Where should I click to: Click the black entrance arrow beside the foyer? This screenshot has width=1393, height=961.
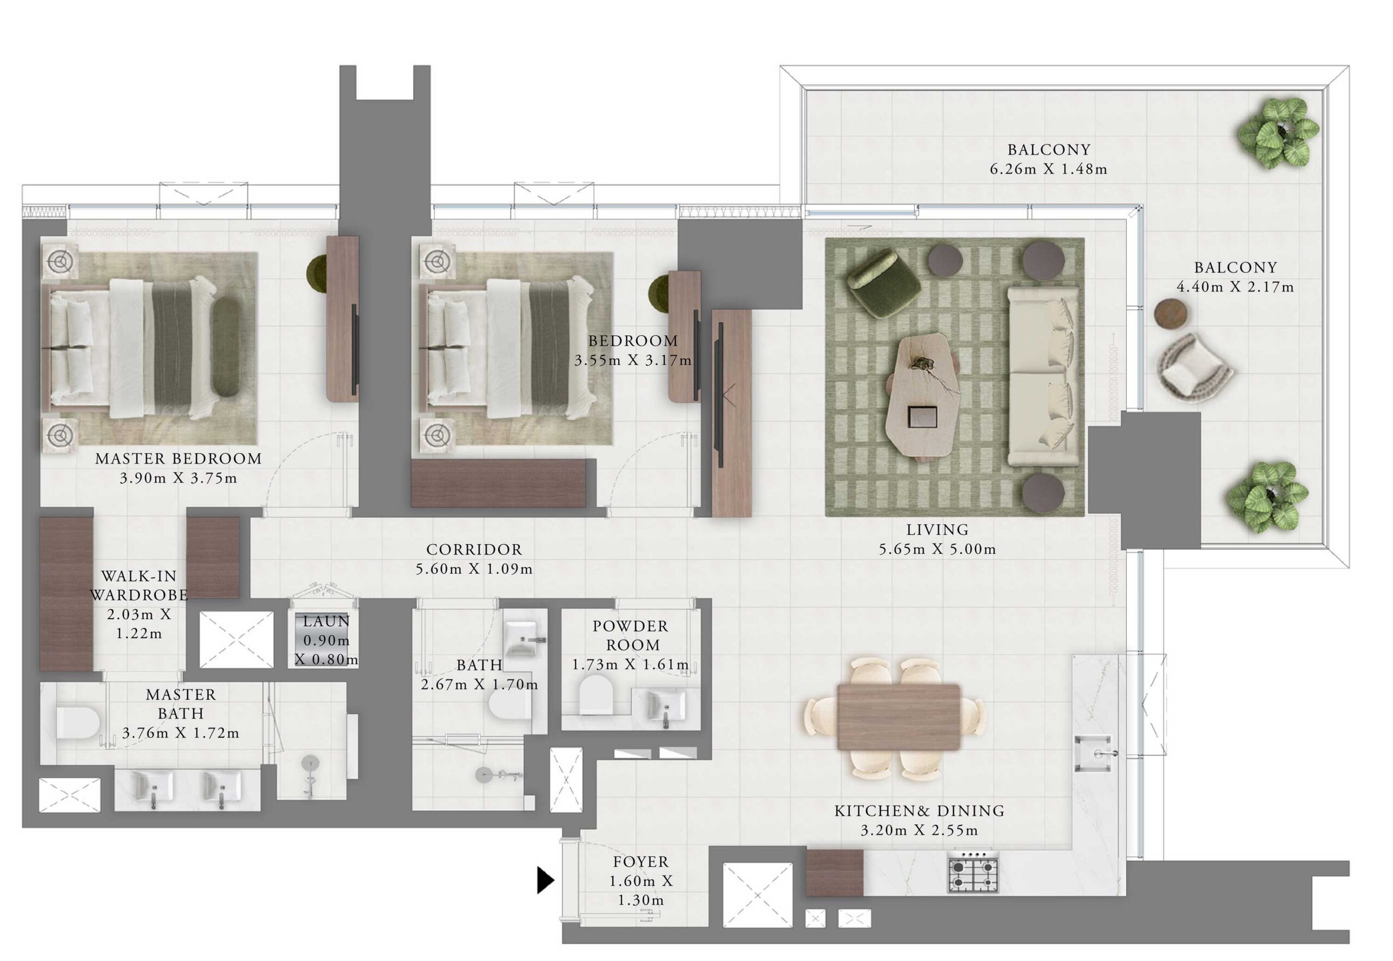pos(544,880)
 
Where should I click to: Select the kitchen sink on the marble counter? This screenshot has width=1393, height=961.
pos(1093,753)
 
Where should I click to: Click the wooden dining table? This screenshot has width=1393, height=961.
pos(898,717)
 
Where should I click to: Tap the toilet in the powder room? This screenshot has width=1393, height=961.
pos(595,695)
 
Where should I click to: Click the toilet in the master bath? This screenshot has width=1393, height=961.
pos(78,723)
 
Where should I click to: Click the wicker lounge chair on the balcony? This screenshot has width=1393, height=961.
pos(1194,366)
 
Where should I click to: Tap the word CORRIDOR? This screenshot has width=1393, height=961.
pos(474,549)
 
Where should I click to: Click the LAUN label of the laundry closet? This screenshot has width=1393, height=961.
pos(326,621)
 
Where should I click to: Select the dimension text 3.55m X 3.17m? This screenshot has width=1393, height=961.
pos(632,361)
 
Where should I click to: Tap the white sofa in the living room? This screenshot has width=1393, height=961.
pos(1042,375)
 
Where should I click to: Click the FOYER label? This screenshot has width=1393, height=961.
pos(640,861)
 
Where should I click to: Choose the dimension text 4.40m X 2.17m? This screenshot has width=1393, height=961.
pos(1235,287)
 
